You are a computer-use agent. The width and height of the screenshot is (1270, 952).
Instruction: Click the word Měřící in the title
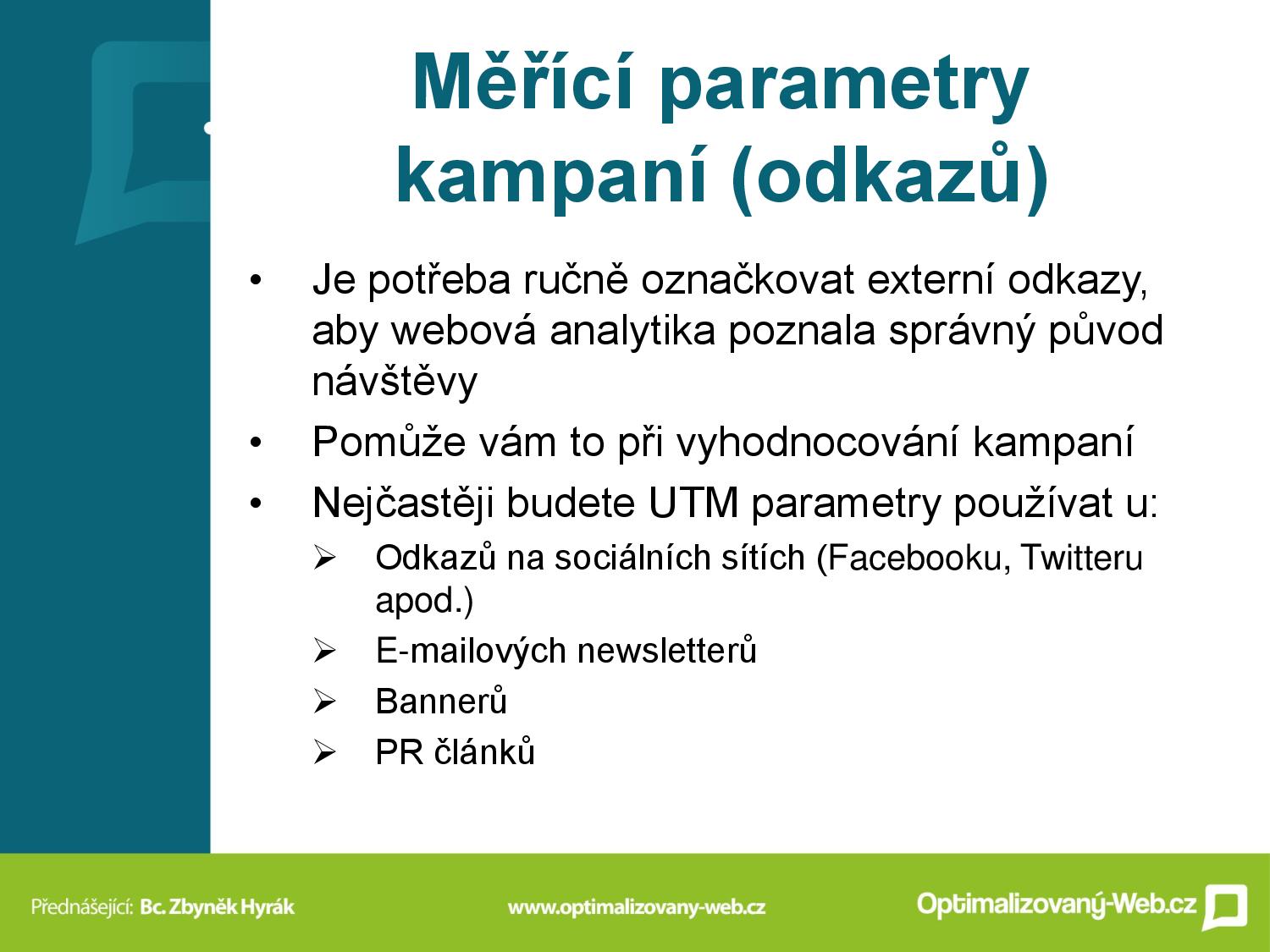[522, 81]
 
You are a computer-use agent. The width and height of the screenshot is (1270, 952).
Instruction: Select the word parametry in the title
[844, 87]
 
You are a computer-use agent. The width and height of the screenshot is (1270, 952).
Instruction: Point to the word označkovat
[748, 281]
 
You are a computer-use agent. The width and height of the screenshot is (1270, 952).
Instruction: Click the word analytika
[632, 331]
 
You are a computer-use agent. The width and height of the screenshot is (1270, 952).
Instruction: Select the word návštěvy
[395, 381]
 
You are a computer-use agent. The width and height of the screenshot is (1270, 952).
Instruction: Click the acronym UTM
[693, 503]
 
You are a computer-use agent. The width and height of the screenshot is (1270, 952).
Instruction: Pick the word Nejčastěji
[403, 503]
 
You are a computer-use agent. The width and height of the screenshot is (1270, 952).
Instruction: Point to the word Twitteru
[1082, 558]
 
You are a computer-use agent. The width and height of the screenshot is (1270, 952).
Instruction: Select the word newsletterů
[666, 650]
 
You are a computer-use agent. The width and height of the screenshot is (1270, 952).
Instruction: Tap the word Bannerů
[441, 701]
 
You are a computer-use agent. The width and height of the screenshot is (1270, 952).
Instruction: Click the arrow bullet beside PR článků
[324, 752]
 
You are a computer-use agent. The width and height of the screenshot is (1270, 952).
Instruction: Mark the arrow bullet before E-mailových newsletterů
[324, 651]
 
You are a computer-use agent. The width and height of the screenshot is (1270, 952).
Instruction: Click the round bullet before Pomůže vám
[255, 443]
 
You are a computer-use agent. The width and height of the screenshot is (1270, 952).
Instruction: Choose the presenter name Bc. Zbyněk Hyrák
[218, 906]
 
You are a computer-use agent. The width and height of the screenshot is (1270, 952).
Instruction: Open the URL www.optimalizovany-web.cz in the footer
[637, 906]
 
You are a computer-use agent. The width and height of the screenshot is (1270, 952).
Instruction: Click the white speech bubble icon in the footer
[1225, 905]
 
